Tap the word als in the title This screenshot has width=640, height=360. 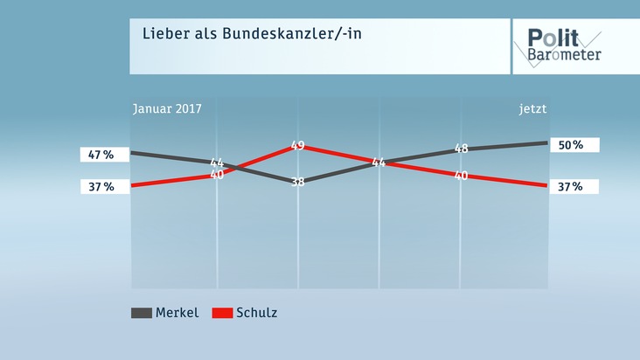coord(200,34)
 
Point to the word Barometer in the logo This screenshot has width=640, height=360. coord(564,54)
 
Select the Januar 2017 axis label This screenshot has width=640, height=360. coord(167,109)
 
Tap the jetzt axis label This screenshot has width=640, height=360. coord(532,109)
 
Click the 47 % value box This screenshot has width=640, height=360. coord(101,155)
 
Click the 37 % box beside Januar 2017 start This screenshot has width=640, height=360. coord(101,186)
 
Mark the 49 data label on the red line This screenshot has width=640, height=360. coord(297,146)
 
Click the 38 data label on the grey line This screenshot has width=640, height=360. coord(297,183)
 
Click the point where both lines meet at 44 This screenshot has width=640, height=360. coord(379,163)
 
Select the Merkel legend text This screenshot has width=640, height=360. coord(177,313)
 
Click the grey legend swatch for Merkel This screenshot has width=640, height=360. coord(141,313)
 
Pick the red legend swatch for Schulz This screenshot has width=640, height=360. coord(222,313)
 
